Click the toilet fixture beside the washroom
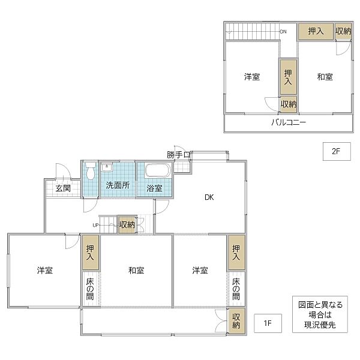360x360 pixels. [89, 172]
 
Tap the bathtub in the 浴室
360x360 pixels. [158, 170]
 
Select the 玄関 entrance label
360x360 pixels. [63, 188]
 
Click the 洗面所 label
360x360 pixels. [117, 185]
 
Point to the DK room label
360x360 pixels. [209, 197]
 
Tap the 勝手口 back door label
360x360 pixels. [179, 155]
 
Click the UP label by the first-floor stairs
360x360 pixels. [95, 225]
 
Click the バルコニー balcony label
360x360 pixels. [288, 122]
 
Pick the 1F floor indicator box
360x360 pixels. [268, 323]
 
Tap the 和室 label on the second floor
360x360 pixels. [325, 77]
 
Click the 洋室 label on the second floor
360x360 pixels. [252, 77]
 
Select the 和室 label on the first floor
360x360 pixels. [136, 271]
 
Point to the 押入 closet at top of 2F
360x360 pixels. [316, 31]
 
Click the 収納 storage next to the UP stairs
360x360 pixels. [127, 225]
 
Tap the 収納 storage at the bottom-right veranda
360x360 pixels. [236, 320]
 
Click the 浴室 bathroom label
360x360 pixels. [154, 188]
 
